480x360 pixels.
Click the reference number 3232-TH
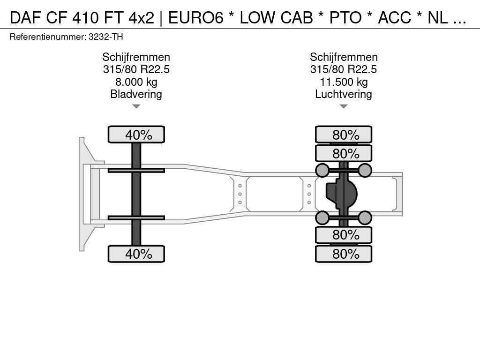coord(105,37)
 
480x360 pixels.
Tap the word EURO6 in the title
coord(196,18)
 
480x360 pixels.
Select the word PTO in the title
coord(345,18)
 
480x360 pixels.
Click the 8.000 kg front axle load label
coord(136,82)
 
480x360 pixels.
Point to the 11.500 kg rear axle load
coord(344,82)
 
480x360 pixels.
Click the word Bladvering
coord(136,94)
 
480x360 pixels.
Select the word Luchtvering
coord(344,94)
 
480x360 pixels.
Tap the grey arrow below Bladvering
coord(136,106)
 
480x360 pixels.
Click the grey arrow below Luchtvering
coord(344,106)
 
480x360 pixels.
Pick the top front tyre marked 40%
coord(136,135)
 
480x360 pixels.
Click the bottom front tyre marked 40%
coord(136,254)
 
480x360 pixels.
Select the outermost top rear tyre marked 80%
coord(344,135)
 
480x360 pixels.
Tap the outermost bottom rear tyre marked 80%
coord(344,254)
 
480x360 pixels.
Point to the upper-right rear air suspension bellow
coord(365,170)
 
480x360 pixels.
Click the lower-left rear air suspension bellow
coord(322,218)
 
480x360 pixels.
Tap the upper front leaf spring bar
coord(136,170)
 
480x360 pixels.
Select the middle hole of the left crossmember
coord(240,194)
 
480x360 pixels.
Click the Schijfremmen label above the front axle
coord(136,57)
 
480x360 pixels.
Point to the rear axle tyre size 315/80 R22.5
coord(344,69)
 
